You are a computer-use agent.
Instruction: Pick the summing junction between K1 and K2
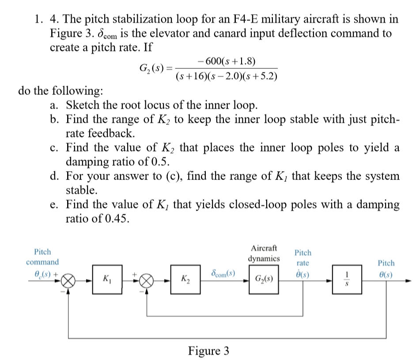[x=147, y=280]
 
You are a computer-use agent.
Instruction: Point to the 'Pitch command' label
[x=42, y=257]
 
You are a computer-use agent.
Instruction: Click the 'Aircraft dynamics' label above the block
[x=264, y=253]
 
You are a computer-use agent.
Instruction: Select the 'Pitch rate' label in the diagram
[x=303, y=258]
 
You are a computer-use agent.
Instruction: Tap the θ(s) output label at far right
[x=386, y=274]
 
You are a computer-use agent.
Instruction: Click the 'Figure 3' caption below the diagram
[x=208, y=351]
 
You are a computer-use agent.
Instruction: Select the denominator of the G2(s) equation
[x=226, y=76]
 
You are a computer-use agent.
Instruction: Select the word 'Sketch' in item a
[x=82, y=105]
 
